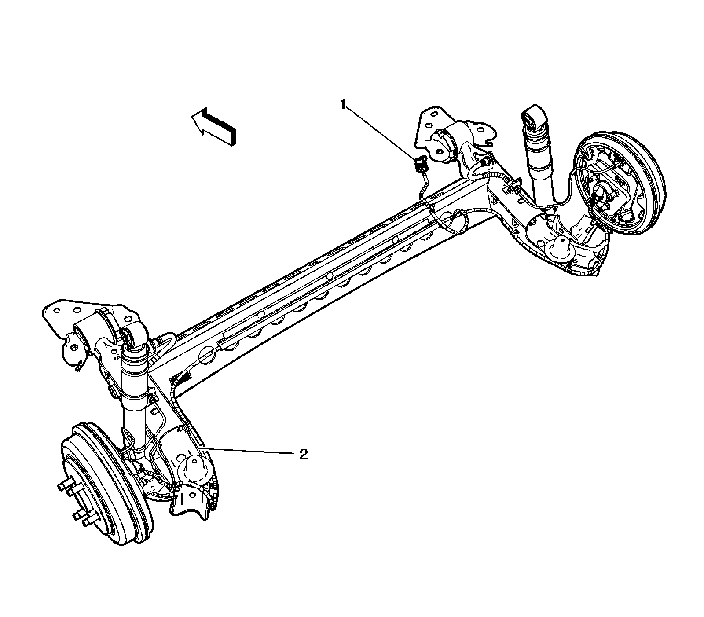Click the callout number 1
(343, 104)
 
